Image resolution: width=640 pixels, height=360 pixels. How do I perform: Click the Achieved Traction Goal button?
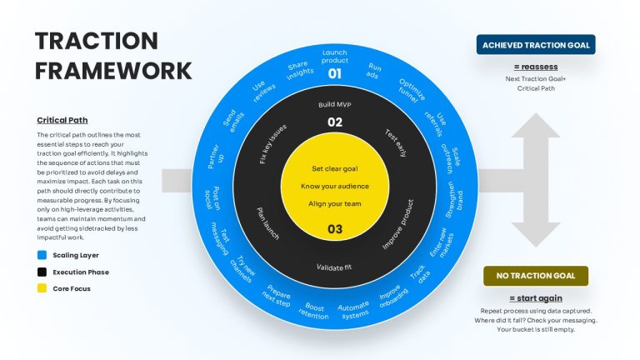[x=536, y=44]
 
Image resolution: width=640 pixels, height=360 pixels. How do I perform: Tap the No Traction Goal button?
[x=536, y=276]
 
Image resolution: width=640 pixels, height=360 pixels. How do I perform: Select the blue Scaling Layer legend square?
[x=42, y=255]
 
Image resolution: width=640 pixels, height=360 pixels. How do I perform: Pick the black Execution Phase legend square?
[x=42, y=272]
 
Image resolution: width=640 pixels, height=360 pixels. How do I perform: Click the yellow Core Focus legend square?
[x=42, y=288]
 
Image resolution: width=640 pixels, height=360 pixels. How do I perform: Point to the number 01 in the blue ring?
[x=335, y=74]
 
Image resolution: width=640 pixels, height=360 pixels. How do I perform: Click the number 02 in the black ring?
[x=335, y=122]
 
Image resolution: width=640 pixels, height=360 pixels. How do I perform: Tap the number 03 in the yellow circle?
[x=335, y=229]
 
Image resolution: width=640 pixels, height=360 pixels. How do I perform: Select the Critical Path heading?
[x=62, y=120]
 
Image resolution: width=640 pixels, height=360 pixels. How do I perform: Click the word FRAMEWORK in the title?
[x=113, y=71]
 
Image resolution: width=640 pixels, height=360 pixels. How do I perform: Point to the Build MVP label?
[x=335, y=104]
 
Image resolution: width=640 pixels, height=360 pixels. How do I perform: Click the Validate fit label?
[x=334, y=267]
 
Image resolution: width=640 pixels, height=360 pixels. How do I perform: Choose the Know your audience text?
[x=335, y=186]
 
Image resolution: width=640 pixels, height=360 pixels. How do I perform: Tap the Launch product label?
[x=335, y=57]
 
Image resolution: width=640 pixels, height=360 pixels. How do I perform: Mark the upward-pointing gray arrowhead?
[x=536, y=125]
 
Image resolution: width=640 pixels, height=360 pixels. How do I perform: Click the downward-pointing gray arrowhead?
[x=536, y=235]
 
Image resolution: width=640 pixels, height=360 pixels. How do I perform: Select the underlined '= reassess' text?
[x=536, y=67]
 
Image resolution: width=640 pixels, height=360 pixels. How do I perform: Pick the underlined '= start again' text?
[x=536, y=298]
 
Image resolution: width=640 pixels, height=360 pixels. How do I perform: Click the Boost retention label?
[x=314, y=311]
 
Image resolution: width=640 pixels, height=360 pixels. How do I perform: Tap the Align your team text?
[x=335, y=203]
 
